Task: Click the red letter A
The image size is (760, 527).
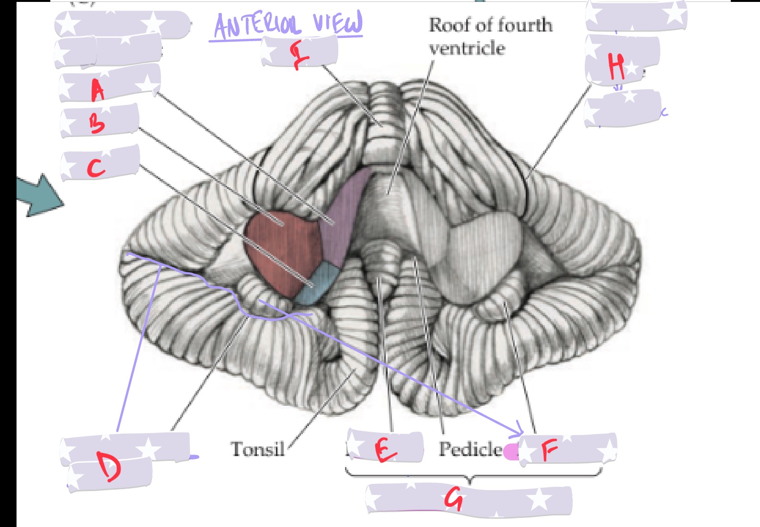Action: tap(98, 90)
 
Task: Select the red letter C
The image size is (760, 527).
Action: tap(96, 168)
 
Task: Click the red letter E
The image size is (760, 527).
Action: tap(385, 450)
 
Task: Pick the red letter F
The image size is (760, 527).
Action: tap(549, 450)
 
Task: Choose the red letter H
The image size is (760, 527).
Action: tap(616, 66)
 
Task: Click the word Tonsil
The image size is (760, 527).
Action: tap(258, 449)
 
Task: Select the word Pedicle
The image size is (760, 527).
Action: tap(471, 449)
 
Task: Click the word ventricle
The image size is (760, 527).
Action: tap(467, 48)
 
